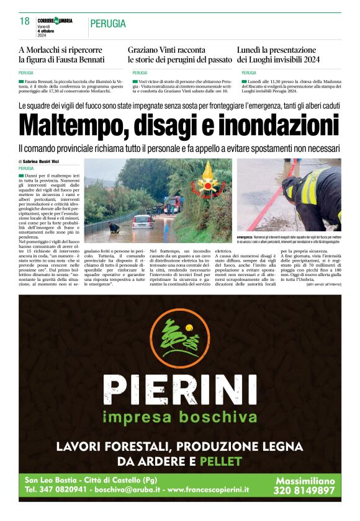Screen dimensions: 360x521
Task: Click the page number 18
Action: coord(25,22)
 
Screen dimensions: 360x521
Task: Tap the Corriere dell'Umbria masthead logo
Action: coord(55,20)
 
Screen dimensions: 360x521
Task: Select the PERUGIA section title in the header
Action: coord(108,24)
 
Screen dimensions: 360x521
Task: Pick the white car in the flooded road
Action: coord(143,221)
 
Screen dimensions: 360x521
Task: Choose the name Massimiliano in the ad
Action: coord(304,481)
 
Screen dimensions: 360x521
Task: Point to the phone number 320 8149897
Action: coord(304,491)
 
